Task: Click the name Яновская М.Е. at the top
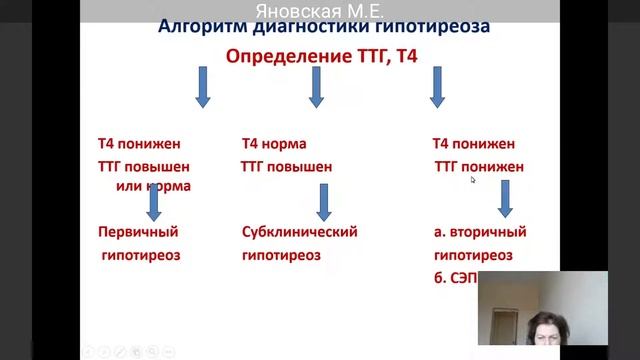coord(320,12)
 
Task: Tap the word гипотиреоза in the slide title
coord(428,27)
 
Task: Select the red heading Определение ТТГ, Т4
coord(320,57)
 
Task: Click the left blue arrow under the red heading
coord(202,87)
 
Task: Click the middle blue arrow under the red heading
coord(316,87)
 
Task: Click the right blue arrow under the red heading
coord(437,87)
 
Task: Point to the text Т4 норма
coord(274,144)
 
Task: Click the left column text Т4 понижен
coord(139,144)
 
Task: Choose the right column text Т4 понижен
coord(473,144)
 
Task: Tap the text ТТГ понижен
coord(478,167)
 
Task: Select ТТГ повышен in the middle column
coord(286,167)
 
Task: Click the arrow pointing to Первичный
coord(154,202)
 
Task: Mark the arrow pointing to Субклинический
coord(323,202)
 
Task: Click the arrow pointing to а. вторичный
coord(505,199)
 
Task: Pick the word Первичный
coord(138,232)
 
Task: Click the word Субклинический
coord(299,232)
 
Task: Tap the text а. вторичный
coord(480,232)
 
